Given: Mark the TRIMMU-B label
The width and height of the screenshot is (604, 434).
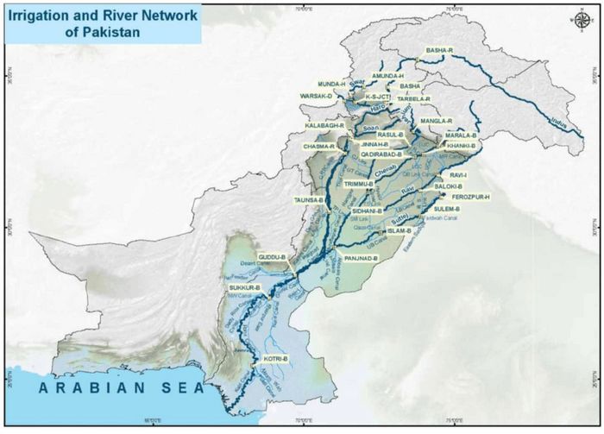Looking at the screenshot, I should pos(357,185).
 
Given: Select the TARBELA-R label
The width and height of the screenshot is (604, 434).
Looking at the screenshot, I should pos(414,99).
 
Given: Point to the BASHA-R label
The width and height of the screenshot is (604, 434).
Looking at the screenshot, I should pos(439,51).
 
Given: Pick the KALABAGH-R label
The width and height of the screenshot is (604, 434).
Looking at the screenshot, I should pos(324,126).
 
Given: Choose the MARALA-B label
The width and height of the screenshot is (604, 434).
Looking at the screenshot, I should pos(461,135).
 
